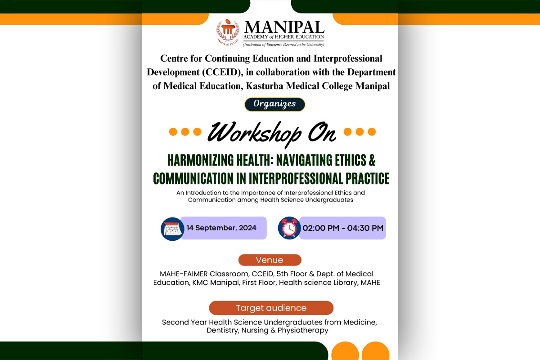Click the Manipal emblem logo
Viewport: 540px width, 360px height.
point(228,32)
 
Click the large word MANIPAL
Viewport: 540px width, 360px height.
point(284,27)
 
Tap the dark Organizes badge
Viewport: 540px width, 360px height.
point(274,104)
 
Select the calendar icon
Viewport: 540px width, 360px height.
point(172,229)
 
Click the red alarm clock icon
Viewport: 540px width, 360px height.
point(289,228)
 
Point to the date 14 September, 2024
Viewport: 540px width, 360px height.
point(221,228)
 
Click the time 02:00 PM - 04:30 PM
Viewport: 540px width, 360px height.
point(343,228)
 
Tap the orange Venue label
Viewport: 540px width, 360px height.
point(270,260)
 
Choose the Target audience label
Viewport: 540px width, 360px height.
point(271,308)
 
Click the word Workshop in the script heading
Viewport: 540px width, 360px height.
point(254,133)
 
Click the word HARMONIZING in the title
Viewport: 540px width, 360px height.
point(200,160)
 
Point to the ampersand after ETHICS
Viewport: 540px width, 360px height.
point(372,160)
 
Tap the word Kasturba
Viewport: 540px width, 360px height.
point(265,86)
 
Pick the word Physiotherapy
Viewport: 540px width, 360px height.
point(303,330)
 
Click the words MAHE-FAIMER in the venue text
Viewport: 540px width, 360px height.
point(184,274)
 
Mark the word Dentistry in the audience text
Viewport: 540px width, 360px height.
point(223,330)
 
